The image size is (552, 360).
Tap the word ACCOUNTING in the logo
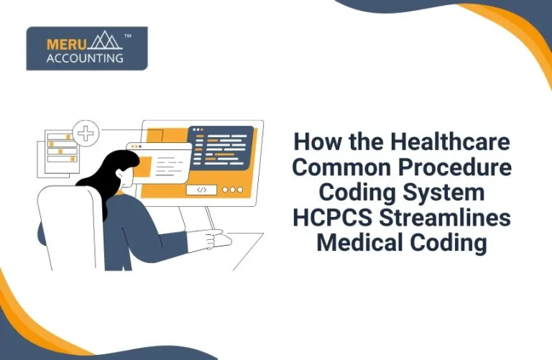(85, 58)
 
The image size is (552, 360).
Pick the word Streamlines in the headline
(446, 217)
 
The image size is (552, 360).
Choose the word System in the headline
(445, 192)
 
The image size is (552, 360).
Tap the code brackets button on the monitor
(201, 190)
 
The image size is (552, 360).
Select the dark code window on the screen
(221, 148)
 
